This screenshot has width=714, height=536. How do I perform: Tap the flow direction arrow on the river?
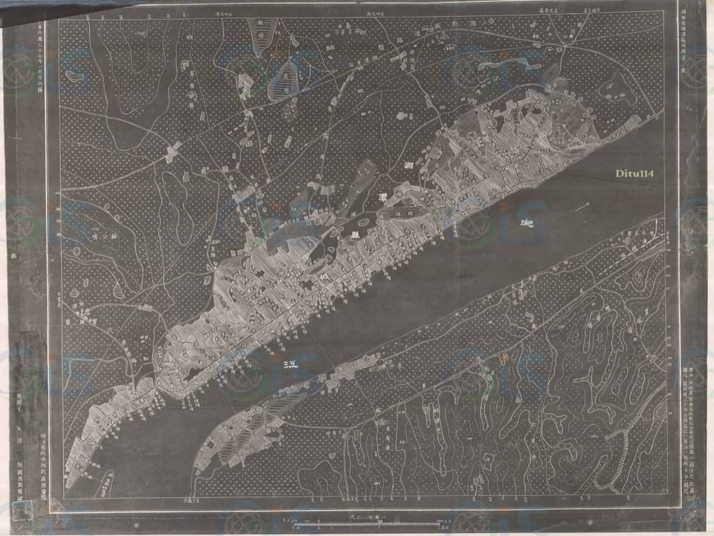[x=582, y=208]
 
